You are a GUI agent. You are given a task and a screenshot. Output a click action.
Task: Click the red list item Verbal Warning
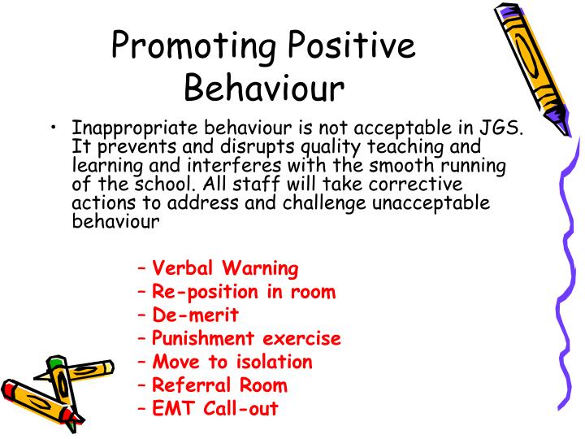225,268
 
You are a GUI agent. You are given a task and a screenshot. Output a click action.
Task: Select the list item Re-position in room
244,292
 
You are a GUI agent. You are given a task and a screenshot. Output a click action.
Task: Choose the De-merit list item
196,315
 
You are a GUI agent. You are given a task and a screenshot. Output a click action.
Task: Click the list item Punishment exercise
246,339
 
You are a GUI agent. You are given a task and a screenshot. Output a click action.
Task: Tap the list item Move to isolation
232,362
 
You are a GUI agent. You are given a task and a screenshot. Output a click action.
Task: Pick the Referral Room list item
220,385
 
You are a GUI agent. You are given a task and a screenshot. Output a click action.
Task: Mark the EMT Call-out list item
215,409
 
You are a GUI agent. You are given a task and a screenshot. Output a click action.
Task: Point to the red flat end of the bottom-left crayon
11,388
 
